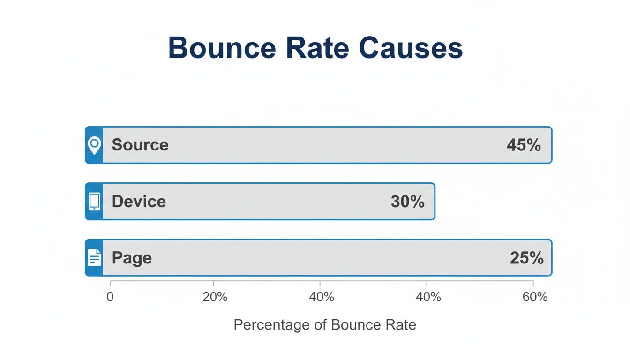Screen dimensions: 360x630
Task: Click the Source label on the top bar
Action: [x=140, y=145]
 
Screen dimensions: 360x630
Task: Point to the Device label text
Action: [x=139, y=202]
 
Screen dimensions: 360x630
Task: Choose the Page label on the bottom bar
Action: [x=132, y=258]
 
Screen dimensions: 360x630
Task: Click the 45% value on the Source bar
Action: [x=524, y=145]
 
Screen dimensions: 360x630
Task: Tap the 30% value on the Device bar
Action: [x=407, y=202]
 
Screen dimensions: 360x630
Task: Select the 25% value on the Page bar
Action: [x=526, y=258]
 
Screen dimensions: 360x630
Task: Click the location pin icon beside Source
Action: [x=94, y=145]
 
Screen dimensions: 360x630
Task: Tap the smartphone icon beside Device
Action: [x=94, y=202]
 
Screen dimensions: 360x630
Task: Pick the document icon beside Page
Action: [x=94, y=258]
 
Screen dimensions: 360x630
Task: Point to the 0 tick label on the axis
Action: [x=110, y=297]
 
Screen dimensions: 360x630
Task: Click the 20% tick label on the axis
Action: [x=215, y=297]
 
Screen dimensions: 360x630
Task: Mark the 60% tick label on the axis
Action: [x=535, y=297]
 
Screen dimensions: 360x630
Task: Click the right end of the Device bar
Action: [x=434, y=202]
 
